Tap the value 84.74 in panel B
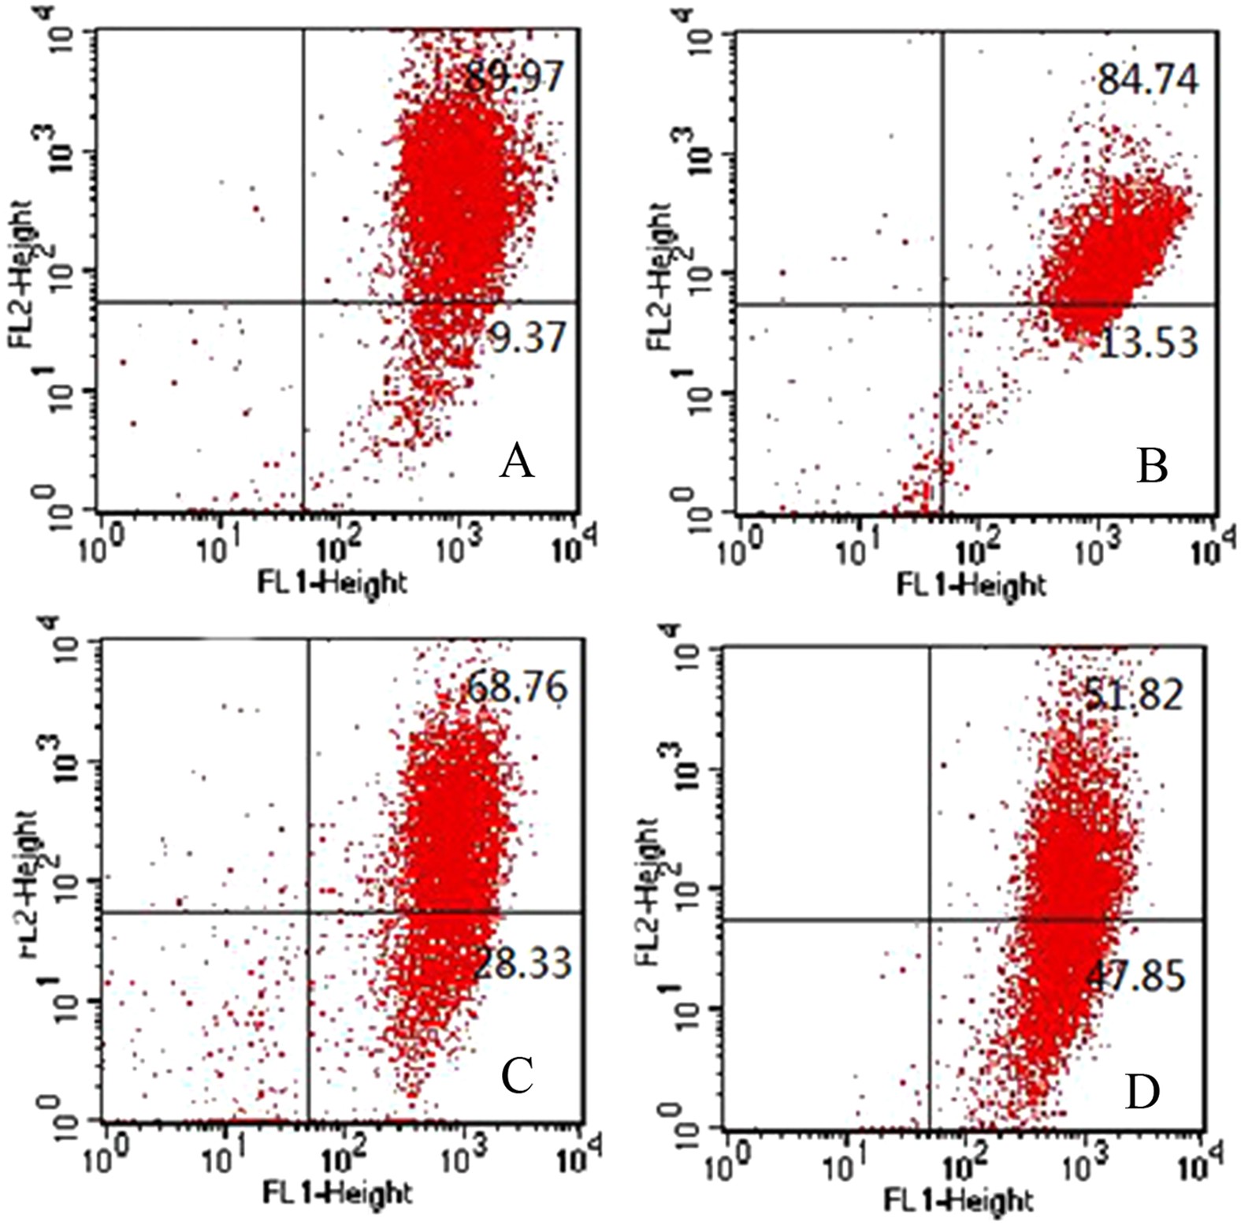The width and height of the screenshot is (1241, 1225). [x=1148, y=80]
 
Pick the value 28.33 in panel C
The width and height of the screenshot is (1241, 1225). [x=522, y=963]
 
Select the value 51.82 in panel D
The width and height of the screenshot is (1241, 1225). [x=1134, y=694]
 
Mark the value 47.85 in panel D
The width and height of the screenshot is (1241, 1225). [x=1135, y=976]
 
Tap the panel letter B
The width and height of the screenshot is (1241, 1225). [x=1152, y=466]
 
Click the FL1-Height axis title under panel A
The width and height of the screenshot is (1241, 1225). [x=333, y=583]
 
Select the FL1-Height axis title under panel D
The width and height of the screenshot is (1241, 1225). [x=957, y=1201]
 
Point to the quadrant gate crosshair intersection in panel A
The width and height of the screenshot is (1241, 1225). [x=304, y=302]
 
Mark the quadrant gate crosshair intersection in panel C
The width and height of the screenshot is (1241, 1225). [x=308, y=913]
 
